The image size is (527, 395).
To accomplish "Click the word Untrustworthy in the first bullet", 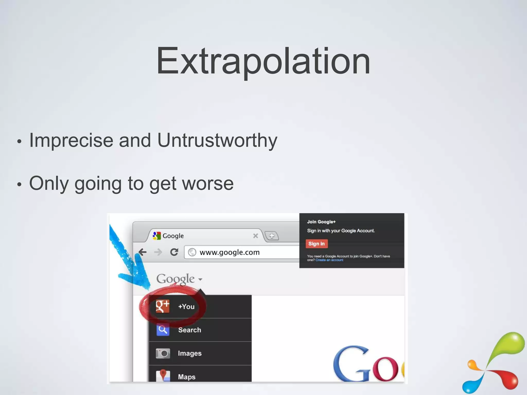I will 217,140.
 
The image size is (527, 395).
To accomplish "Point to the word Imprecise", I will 71,140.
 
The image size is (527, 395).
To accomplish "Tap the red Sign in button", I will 317,244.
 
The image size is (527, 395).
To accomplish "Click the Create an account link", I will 329,260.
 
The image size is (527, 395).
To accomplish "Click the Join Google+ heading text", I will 321,222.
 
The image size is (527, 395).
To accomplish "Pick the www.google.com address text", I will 230,252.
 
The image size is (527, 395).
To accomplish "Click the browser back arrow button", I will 143,252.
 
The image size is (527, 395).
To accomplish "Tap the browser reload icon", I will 174,252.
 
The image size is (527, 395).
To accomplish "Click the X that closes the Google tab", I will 255,236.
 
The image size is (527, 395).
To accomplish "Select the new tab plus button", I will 272,236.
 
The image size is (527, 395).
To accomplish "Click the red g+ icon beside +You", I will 163,306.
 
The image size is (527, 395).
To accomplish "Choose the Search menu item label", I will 189,330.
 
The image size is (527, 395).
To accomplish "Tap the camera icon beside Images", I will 163,353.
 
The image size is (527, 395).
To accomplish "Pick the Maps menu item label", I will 187,377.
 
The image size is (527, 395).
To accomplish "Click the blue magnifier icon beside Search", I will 163,330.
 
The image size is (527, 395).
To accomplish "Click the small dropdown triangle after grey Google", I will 200,279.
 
